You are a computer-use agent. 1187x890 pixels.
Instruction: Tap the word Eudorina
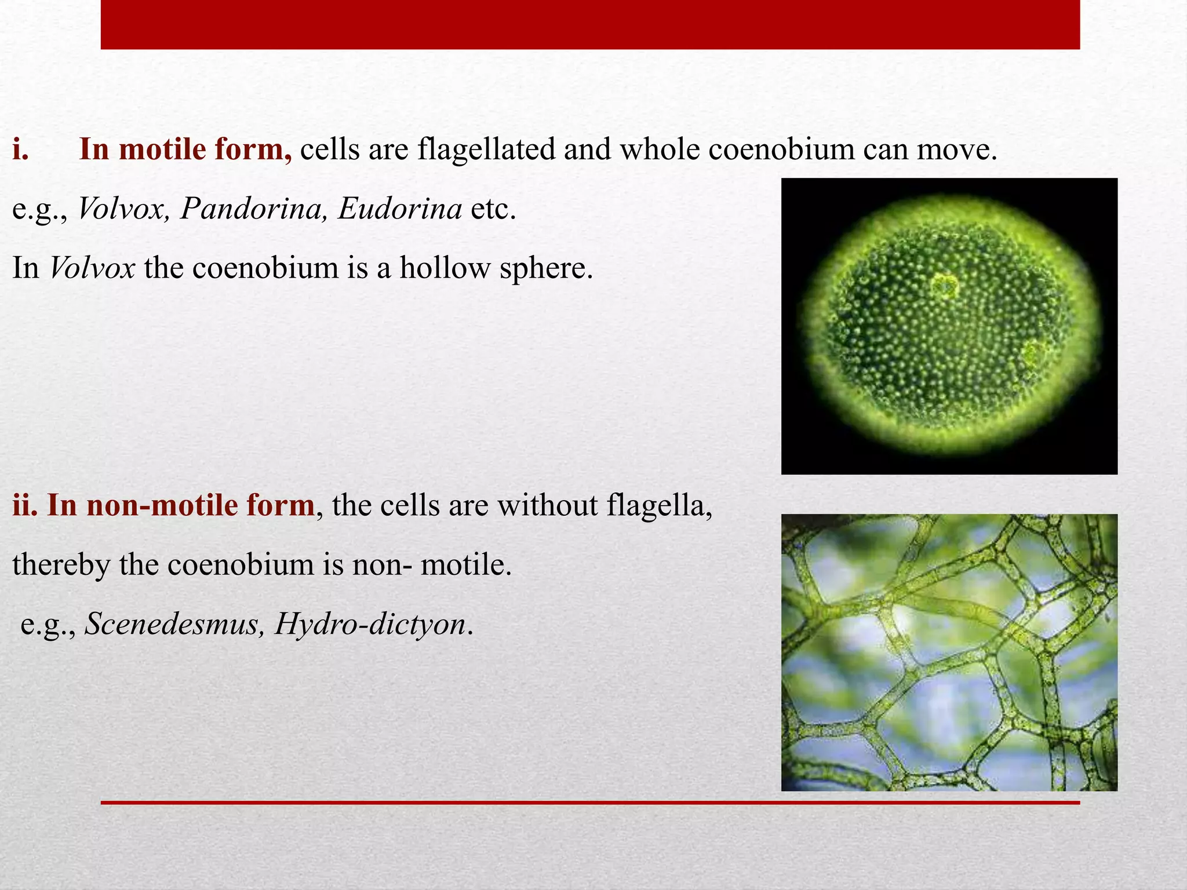400,209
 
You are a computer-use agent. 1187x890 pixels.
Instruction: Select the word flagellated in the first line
486,149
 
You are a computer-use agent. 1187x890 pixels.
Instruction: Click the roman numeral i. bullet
21,149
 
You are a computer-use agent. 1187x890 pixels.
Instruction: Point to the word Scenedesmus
172,624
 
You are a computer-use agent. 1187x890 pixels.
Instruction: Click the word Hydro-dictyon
371,624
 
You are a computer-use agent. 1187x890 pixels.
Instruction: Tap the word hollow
445,268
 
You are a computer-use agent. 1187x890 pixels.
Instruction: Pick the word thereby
61,565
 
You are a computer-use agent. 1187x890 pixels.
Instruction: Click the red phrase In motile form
185,149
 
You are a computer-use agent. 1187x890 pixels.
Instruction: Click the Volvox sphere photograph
949,326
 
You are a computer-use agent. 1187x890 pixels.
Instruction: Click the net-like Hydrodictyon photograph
949,652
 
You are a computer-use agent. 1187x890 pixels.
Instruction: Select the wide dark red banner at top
590,24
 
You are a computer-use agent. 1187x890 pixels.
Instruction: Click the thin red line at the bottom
590,803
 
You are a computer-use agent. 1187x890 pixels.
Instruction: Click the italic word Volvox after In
92,268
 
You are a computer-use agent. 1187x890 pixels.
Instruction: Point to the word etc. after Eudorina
493,209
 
